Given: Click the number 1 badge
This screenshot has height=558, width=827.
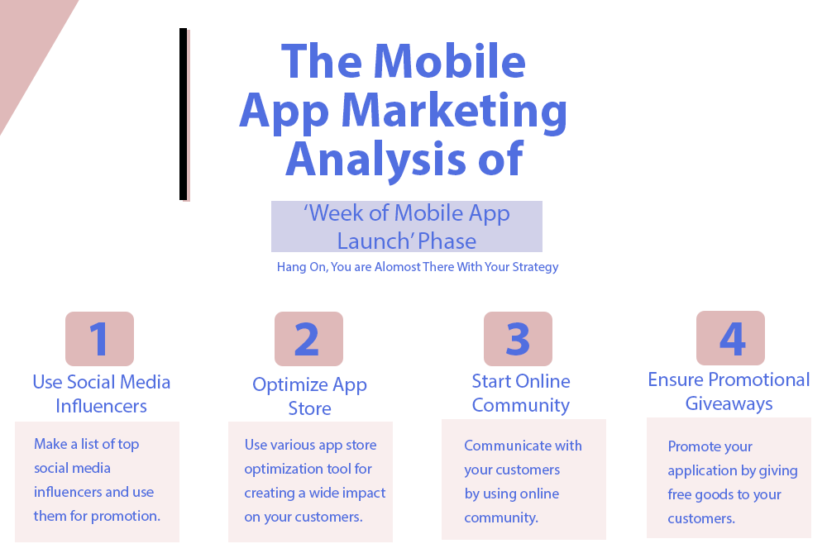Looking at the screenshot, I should [99, 339].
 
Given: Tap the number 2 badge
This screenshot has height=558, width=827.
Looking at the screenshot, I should [308, 339].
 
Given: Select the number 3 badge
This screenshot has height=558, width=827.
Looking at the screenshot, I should [518, 339].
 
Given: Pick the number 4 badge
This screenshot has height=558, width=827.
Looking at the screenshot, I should [730, 338].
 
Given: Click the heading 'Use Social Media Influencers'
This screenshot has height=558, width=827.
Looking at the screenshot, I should [102, 393].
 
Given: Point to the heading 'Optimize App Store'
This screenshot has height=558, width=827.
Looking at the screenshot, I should [309, 396].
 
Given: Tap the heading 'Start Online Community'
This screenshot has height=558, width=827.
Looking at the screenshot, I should [521, 393].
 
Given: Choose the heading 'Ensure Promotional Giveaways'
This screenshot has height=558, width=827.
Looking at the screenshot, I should [729, 391].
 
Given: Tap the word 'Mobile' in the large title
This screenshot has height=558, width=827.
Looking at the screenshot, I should [450, 62].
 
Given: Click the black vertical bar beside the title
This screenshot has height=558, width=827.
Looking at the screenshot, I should [183, 114].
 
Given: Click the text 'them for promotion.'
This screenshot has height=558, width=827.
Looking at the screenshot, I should [97, 516].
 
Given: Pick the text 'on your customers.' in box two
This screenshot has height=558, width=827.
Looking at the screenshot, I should [303, 517].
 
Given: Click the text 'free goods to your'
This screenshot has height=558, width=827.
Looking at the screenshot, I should [724, 494].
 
